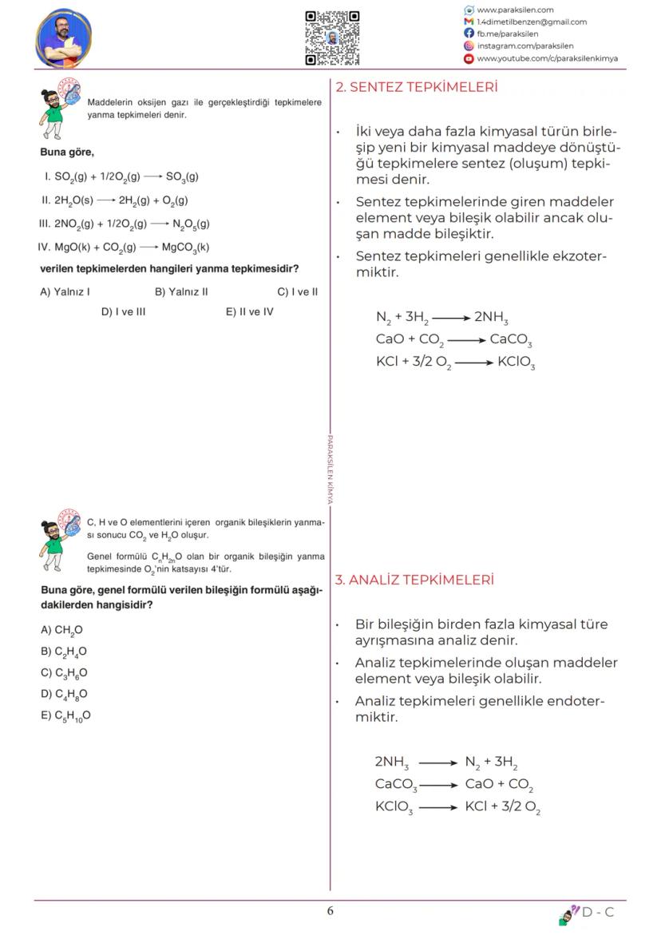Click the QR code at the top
[x=332, y=38]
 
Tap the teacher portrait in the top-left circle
[x=64, y=38]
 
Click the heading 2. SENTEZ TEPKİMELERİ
[x=416, y=87]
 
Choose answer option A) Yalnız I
[x=65, y=291]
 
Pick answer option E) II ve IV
[x=249, y=311]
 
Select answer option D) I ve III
[x=123, y=311]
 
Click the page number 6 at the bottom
[x=330, y=911]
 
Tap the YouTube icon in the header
[x=469, y=58]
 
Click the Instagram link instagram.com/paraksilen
[x=524, y=46]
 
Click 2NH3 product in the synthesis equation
[x=491, y=317]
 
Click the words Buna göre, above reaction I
[x=67, y=152]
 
